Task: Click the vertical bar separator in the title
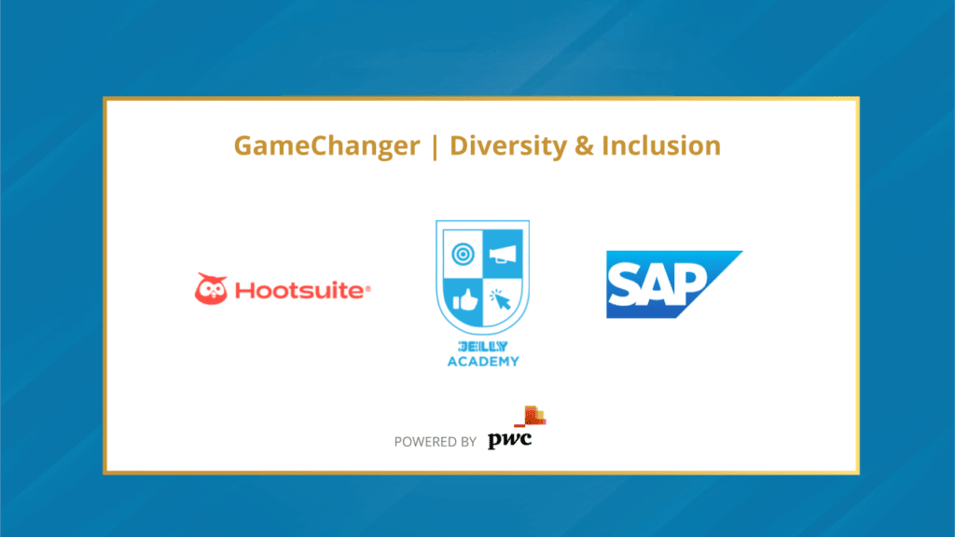(434, 147)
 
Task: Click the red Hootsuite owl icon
(211, 289)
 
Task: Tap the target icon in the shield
(461, 253)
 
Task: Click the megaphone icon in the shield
(504, 253)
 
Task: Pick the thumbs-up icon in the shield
(463, 300)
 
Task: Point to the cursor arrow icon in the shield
(502, 300)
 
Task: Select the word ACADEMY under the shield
(482, 361)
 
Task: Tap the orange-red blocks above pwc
(533, 418)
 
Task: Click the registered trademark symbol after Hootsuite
(368, 289)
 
